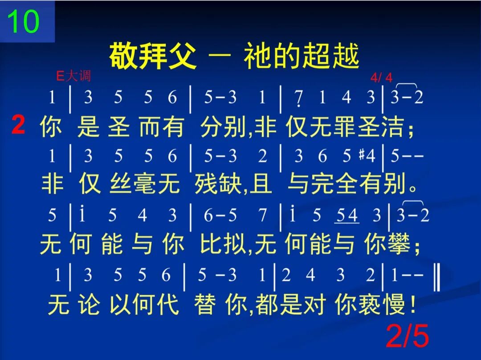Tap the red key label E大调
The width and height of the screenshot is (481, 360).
[73, 76]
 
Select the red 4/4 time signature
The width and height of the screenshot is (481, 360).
[382, 78]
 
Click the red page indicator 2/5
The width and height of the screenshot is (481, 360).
[408, 336]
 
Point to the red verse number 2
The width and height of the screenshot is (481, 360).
[18, 126]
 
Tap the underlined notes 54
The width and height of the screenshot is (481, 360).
[347, 216]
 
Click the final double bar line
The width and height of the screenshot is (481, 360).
[437, 276]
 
